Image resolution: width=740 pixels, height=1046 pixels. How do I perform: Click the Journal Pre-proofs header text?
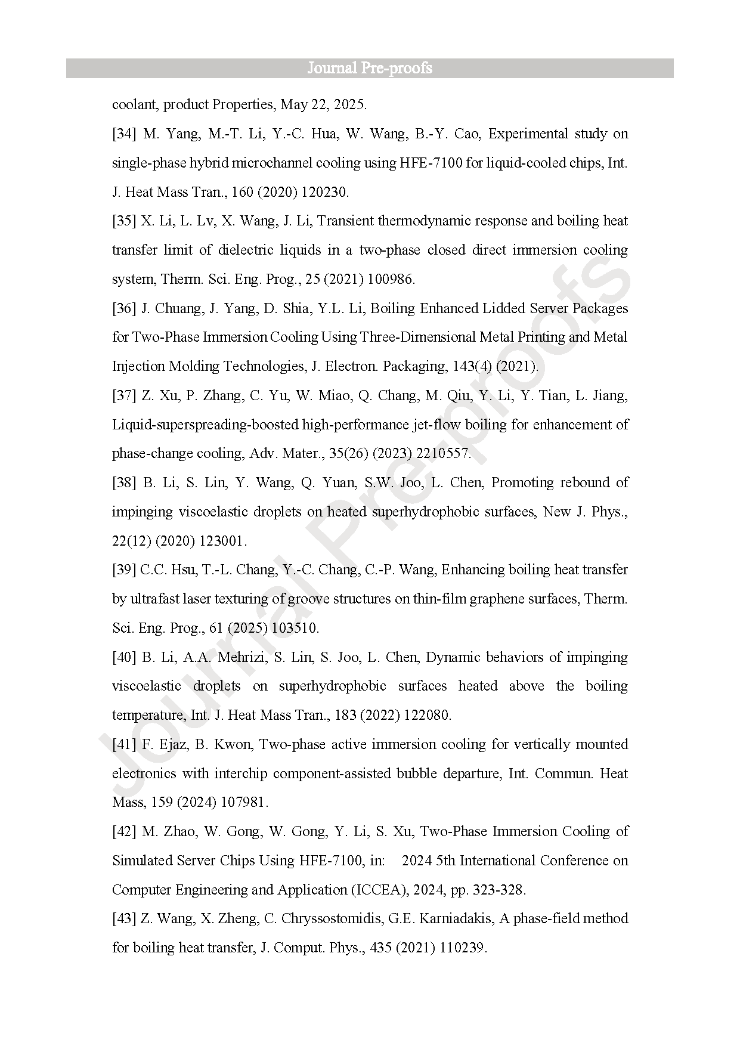point(370,68)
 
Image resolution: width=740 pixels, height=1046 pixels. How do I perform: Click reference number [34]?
point(124,134)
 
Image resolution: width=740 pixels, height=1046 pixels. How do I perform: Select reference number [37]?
point(124,395)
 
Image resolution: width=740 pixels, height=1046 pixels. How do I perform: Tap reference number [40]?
point(124,657)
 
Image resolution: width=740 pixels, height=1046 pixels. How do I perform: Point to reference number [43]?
point(124,918)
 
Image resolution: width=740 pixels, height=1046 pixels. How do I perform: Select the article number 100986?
point(391,279)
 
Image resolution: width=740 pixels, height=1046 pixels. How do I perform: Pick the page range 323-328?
point(499,890)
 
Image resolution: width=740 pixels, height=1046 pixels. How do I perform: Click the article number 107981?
point(244,803)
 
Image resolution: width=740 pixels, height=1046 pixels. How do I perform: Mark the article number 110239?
point(462,948)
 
